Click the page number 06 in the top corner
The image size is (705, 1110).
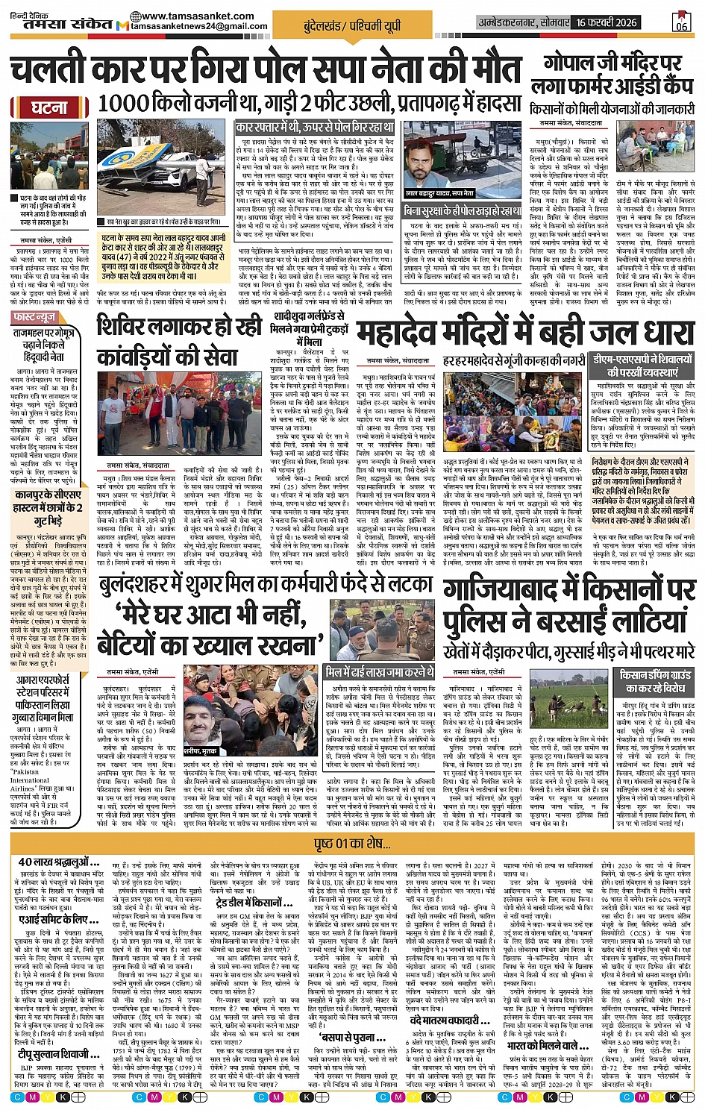coord(680,22)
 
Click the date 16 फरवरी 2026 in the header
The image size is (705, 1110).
coord(607,22)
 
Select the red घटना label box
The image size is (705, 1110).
coord(48,107)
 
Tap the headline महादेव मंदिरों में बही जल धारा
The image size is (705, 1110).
coord(524,333)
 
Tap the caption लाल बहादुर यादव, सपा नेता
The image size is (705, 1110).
coord(439,193)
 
